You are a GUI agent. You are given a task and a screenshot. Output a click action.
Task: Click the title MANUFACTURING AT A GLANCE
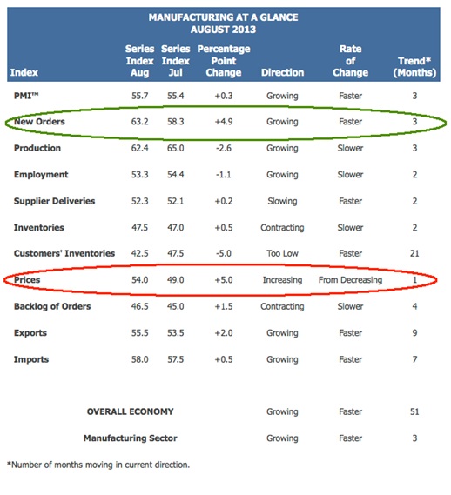click(223, 17)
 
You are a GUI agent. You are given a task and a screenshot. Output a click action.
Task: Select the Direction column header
click(282, 72)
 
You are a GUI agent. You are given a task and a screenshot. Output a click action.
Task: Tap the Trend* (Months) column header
click(414, 67)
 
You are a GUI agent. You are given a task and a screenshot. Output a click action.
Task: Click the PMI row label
click(26, 96)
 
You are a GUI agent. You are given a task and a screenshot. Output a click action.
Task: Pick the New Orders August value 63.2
click(139, 122)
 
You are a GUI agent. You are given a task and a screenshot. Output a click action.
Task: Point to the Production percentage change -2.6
click(224, 148)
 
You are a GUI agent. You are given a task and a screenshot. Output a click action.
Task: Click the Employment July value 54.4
click(175, 175)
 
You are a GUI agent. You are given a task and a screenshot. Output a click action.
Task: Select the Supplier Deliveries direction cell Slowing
click(282, 201)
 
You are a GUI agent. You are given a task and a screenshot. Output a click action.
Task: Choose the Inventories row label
click(39, 227)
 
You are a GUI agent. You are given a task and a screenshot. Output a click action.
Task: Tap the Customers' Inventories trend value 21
click(414, 253)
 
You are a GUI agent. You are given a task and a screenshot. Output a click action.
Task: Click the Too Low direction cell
click(282, 253)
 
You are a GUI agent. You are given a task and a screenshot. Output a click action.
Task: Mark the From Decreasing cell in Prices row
click(350, 280)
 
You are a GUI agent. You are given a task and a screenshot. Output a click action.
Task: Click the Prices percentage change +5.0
click(224, 280)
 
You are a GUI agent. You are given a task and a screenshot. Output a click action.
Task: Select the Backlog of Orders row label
click(52, 306)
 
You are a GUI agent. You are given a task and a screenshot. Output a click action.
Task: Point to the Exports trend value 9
click(414, 332)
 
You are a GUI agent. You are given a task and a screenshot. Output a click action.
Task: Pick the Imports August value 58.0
click(139, 359)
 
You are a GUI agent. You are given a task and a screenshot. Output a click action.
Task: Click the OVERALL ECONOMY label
click(131, 411)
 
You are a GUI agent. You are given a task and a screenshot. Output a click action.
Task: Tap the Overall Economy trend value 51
click(414, 411)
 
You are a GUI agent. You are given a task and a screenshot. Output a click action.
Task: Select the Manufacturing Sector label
click(131, 438)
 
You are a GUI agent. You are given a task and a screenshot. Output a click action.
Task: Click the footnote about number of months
click(98, 465)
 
